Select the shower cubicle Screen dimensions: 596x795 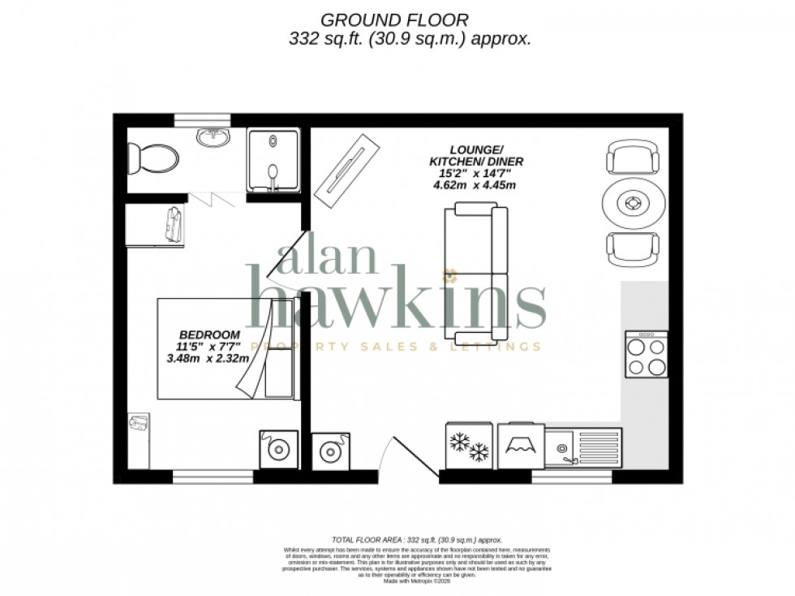pos(273,160)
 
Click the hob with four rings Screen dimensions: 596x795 pos(646,355)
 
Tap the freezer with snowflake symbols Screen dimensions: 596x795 pos(470,447)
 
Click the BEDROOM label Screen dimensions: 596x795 pos(209,335)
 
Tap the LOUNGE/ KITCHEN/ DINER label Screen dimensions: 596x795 pos(476,156)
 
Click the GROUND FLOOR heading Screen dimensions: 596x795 pos(395,19)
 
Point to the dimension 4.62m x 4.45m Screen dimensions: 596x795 pos(475,184)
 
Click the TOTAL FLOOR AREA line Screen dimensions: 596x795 pos(417,540)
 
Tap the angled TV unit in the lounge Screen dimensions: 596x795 pos(348,169)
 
